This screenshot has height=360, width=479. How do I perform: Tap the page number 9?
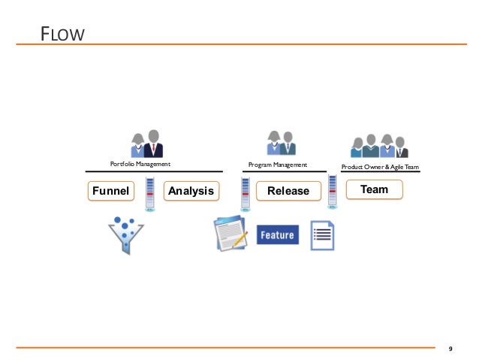click(x=450, y=349)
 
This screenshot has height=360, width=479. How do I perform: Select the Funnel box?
click(x=110, y=191)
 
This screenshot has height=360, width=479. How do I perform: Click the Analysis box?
click(x=191, y=191)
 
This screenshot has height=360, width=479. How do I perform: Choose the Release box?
click(x=288, y=191)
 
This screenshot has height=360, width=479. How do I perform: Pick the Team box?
click(x=374, y=189)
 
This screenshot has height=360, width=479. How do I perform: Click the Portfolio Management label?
click(x=140, y=163)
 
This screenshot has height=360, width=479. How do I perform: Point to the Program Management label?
click(x=278, y=163)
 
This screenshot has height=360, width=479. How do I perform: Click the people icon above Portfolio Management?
click(x=147, y=143)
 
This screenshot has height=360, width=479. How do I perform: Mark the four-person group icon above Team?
click(x=380, y=144)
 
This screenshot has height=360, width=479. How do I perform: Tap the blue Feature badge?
click(x=277, y=235)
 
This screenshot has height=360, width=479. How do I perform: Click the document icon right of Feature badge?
click(x=322, y=235)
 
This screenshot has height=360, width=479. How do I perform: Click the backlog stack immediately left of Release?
click(x=245, y=194)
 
